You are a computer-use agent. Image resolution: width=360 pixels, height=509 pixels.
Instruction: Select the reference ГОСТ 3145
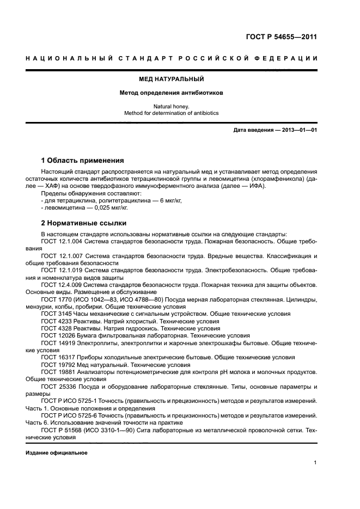pos(57,314)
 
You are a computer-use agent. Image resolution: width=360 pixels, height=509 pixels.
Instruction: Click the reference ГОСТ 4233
pos(57,321)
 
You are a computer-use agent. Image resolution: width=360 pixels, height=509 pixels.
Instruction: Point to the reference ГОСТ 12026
pos(58,336)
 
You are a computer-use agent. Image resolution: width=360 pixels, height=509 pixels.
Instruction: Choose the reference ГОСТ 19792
pos(58,364)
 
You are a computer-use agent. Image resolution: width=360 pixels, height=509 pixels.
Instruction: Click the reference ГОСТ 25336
pos(58,385)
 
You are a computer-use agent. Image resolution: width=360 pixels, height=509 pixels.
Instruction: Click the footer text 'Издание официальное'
pos(57,452)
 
